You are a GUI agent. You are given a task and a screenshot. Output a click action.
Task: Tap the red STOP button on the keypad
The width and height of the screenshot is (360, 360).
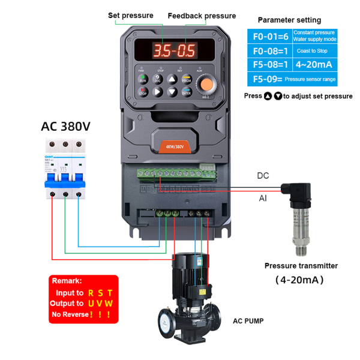pos(143,92)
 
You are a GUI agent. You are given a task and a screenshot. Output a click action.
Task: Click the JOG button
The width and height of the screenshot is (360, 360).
pos(157,79)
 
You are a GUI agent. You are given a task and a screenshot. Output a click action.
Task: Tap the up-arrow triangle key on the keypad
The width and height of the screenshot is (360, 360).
pos(172,79)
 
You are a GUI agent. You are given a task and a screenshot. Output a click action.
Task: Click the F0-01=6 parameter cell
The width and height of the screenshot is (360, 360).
pos(269,35)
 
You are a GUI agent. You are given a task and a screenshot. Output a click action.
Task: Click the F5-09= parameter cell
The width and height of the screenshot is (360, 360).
pos(269,79)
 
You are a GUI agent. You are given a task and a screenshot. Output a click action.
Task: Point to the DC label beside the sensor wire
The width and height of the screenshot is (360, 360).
pos(263,176)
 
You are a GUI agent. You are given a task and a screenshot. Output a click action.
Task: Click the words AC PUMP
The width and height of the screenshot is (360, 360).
pos(248,321)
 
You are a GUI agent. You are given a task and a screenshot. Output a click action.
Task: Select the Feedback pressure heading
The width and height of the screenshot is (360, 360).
pos(202,16)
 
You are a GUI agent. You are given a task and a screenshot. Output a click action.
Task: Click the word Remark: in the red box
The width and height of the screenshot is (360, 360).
pos(67,281)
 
